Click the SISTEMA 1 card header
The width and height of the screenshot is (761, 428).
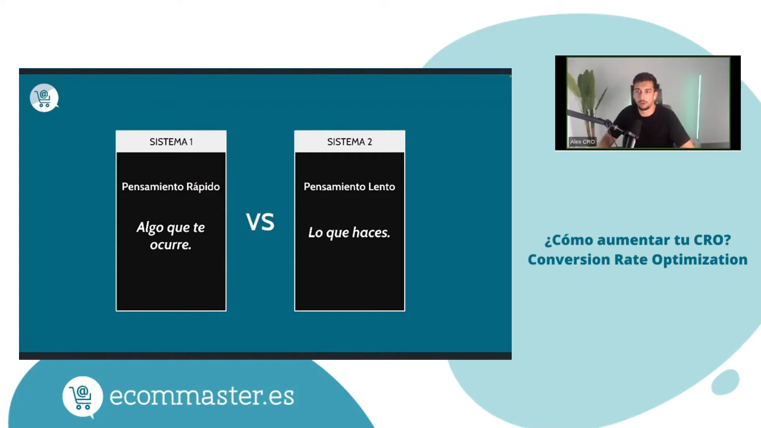coord(171,142)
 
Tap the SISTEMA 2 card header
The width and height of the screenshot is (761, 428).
coord(349,142)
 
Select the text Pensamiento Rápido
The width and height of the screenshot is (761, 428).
coord(170,187)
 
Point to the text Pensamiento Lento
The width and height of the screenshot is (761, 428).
coord(349,187)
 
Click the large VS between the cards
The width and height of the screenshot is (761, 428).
coord(260,222)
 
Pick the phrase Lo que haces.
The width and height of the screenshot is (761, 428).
coord(349,233)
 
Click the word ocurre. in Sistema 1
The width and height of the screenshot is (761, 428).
coord(170,245)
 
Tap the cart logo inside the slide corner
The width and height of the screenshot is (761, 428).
coord(44,98)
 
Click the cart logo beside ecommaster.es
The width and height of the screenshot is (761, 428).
coord(82,397)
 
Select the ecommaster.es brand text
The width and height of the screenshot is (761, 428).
coord(201,396)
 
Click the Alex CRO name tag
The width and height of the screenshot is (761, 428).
coord(582,141)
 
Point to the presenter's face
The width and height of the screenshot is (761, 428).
coord(644,94)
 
